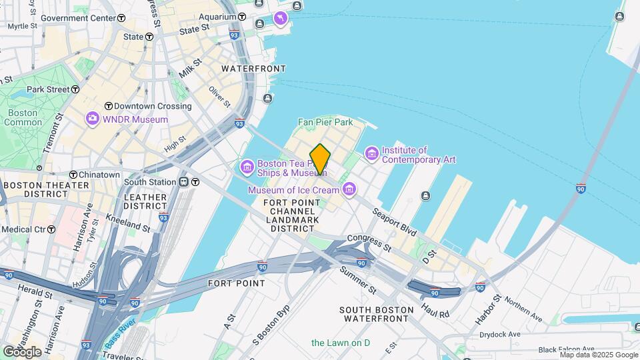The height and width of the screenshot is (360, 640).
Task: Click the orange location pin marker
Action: pyautogui.click(x=320, y=160)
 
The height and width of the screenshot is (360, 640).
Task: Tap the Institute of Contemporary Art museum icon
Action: pyautogui.click(x=371, y=154)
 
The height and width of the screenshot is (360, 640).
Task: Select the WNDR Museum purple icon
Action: pyautogui.click(x=92, y=119)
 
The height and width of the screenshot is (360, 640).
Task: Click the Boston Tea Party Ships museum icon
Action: pyautogui.click(x=247, y=165)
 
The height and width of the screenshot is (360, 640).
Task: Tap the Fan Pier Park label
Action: pyautogui.click(x=325, y=122)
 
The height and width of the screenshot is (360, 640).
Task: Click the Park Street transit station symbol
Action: pyautogui.click(x=75, y=89)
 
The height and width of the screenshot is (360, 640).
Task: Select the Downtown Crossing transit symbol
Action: pyautogui.click(x=108, y=106)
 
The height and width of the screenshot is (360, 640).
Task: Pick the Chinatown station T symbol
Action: pyautogui.click(x=73, y=175)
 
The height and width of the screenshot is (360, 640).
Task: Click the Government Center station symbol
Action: pyautogui.click(x=121, y=18)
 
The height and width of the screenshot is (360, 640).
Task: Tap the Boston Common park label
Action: pyautogui.click(x=23, y=118)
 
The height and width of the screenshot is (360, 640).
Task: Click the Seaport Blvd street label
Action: pyautogui.click(x=395, y=221)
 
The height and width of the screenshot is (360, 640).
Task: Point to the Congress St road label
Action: pyautogui.click(x=369, y=242)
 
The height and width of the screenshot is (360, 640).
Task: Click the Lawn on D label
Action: pyautogui.click(x=340, y=343)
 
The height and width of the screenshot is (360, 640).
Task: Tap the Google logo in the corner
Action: pyautogui.click(x=23, y=351)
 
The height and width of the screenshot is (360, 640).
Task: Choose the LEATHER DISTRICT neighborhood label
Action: pyautogui.click(x=145, y=202)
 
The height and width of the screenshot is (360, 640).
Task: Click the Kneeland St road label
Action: pyautogui.click(x=129, y=223)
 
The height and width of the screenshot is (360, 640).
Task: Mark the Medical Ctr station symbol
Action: pyautogui.click(x=51, y=229)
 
